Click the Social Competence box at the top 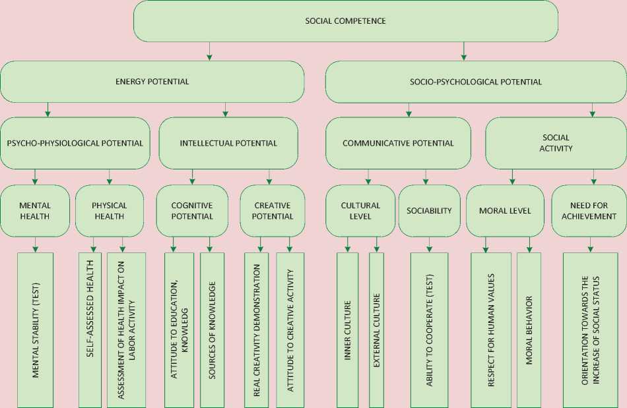tap(345, 21)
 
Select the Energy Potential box tap(152, 82)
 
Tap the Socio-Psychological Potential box tap(475, 82)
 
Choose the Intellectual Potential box tap(228, 143)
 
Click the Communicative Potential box tap(398, 143)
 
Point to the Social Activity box tap(556, 143)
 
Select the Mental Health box tap(34, 210)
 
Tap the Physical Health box tap(110, 210)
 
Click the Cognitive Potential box tap(192, 210)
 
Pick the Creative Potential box tap(272, 210)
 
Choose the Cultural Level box tap(360, 210)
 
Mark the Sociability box tap(429, 210)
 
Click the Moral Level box tap(505, 210)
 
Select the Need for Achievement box tap(589, 210)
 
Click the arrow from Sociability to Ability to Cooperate tap(429, 245)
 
